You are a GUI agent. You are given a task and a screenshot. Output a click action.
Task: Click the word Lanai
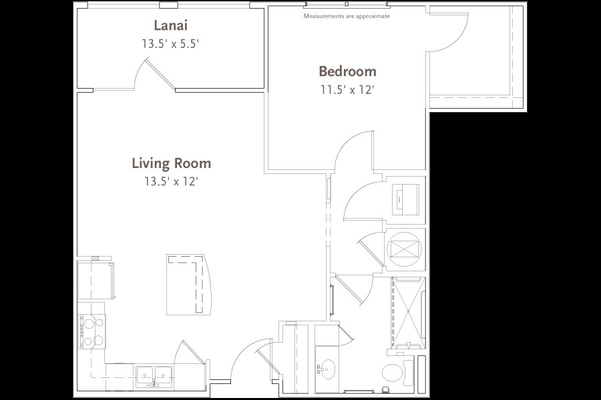click(x=170, y=26)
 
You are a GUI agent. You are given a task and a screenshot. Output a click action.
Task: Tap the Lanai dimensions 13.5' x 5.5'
click(x=171, y=45)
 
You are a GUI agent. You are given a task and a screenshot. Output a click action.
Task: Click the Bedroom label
click(x=347, y=71)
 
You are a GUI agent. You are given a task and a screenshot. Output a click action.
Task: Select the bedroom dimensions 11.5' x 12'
click(x=347, y=90)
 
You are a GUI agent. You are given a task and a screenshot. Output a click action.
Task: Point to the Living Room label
click(x=171, y=163)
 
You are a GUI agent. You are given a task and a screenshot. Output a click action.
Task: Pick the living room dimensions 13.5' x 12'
click(x=171, y=181)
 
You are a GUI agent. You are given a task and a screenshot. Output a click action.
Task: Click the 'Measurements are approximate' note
click(x=347, y=16)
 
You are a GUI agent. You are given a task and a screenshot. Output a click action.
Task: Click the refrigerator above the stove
click(x=95, y=280)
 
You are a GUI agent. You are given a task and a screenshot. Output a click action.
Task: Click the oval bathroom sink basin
click(x=327, y=367)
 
